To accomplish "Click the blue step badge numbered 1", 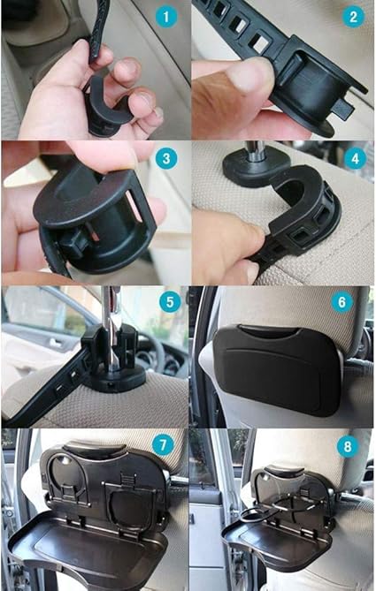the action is [x=165, y=17].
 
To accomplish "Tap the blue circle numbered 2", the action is [x=353, y=17].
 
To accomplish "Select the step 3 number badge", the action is [x=166, y=158].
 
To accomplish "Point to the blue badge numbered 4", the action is [x=356, y=159].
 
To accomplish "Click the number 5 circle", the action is [x=170, y=301].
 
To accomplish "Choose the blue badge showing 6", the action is [x=341, y=302].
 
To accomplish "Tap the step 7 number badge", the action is [x=163, y=445].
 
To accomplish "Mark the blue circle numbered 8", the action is [x=348, y=447].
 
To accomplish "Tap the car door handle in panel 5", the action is [x=55, y=343].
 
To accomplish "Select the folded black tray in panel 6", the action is [x=279, y=368].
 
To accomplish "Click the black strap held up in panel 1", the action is [x=98, y=34].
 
